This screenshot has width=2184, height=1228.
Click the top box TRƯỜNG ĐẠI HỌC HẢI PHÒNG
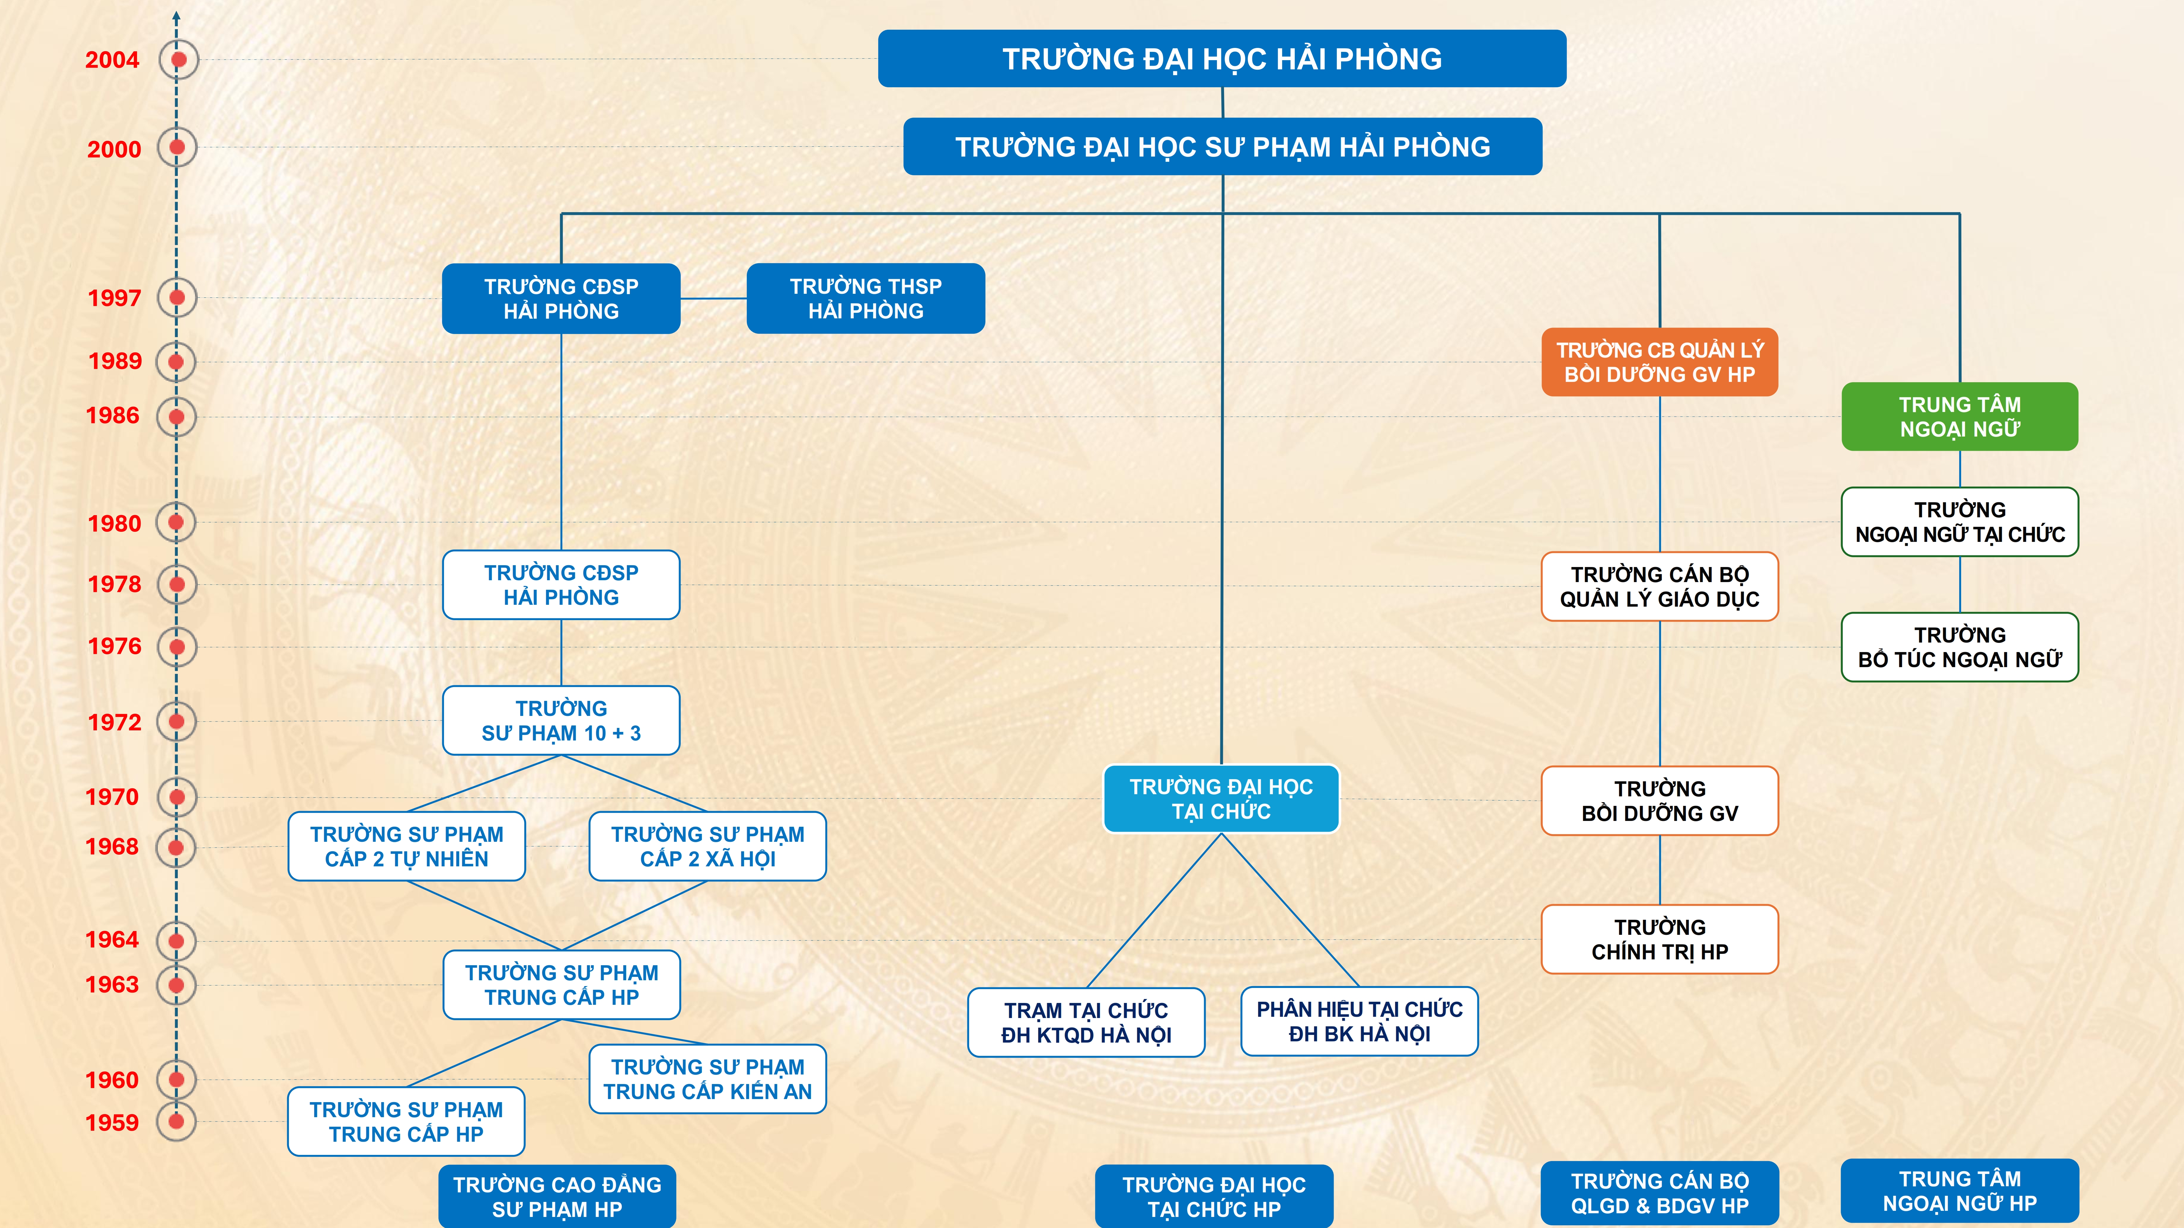click(x=1222, y=58)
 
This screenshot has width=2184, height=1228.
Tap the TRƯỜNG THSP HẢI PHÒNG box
click(x=866, y=298)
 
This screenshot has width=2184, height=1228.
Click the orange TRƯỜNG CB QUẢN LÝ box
click(x=1659, y=362)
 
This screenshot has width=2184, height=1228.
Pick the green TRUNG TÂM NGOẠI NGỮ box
click(x=1959, y=416)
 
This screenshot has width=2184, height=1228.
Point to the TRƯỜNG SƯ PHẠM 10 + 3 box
click(x=561, y=720)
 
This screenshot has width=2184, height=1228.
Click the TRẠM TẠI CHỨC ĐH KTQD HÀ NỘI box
click(x=1086, y=1022)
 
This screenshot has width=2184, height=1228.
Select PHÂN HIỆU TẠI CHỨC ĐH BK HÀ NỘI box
click(x=1359, y=1021)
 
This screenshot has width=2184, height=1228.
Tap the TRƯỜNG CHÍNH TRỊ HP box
click(x=1659, y=939)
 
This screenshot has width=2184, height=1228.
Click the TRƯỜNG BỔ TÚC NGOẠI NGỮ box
click(x=1959, y=647)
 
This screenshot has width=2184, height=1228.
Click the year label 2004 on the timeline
click(x=112, y=60)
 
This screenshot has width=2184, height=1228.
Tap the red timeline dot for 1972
click(x=176, y=721)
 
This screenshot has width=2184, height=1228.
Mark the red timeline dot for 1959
click(x=176, y=1121)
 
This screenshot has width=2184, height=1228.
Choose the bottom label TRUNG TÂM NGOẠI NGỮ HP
click(x=1959, y=1191)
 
